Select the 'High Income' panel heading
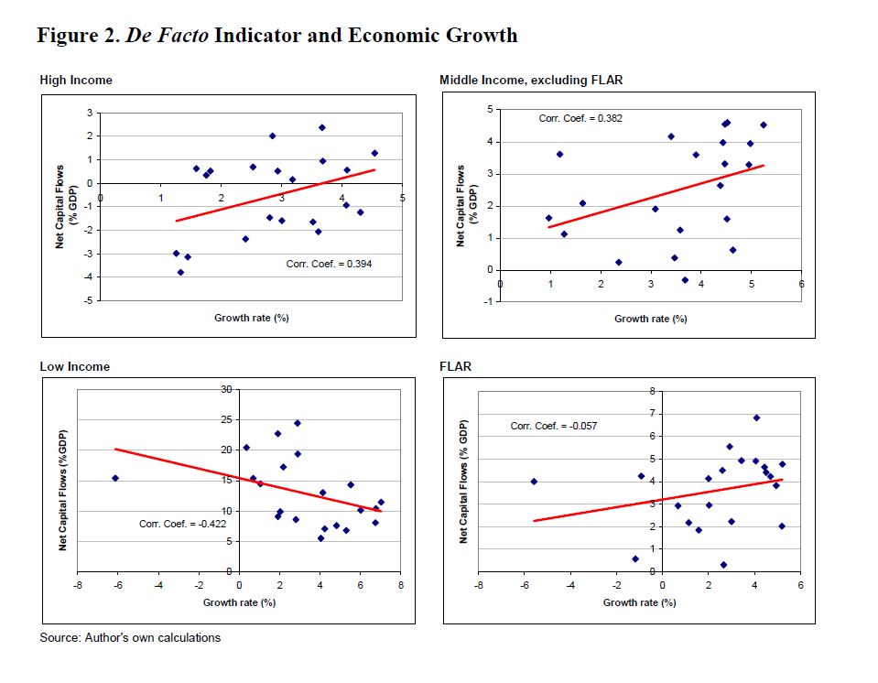(76, 81)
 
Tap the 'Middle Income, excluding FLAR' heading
(531, 81)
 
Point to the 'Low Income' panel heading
(74, 367)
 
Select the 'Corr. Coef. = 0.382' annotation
(581, 118)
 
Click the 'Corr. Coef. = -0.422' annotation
(182, 524)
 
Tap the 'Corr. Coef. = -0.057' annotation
(553, 427)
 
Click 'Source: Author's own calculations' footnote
(130, 637)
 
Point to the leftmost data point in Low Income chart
(115, 478)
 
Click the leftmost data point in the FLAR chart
(534, 482)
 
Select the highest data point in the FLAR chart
(756, 417)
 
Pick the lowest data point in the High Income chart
(180, 272)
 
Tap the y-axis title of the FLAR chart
(464, 482)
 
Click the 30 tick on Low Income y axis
(227, 389)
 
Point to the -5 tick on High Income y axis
(89, 300)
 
